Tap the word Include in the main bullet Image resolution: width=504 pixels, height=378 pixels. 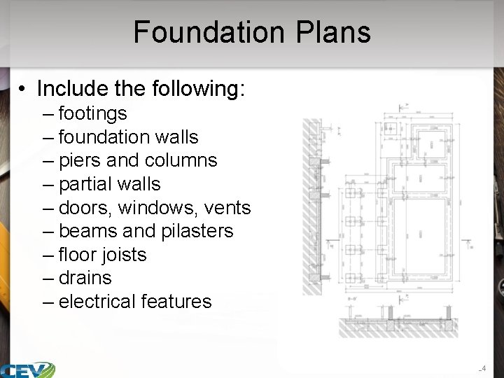[67, 89]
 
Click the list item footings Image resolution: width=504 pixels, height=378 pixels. [92, 113]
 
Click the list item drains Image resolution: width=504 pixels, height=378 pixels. [85, 278]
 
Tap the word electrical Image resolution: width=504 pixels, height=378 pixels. [97, 302]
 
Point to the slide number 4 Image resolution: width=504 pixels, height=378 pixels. [483, 368]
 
